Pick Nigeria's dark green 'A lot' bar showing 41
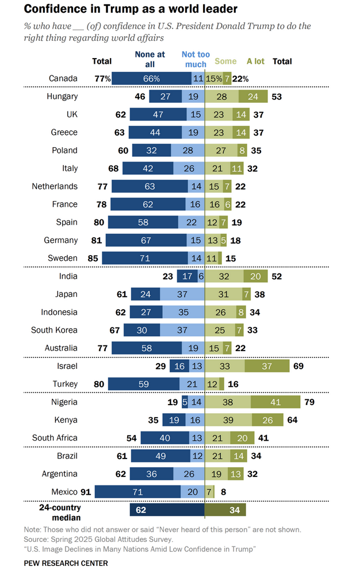(x=275, y=402)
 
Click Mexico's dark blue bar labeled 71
(x=137, y=491)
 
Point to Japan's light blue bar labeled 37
(x=182, y=294)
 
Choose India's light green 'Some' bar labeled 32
(x=224, y=276)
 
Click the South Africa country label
(x=55, y=438)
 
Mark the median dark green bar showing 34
(x=225, y=510)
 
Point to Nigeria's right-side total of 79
(x=309, y=402)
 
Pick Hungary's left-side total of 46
(x=140, y=97)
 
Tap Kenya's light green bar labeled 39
(x=228, y=420)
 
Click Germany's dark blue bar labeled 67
(x=146, y=240)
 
